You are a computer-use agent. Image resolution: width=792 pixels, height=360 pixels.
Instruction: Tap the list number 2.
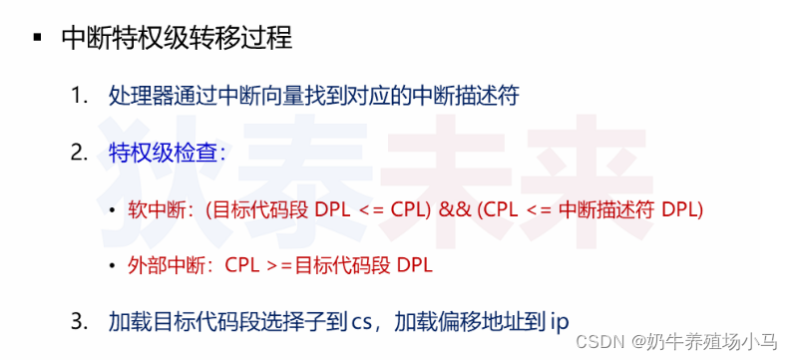pos(79,154)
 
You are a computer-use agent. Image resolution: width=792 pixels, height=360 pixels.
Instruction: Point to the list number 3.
pos(79,321)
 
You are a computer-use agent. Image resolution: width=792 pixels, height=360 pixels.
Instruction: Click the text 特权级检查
pos(164,154)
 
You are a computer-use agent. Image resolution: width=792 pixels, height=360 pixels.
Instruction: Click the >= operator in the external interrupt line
pos(284,266)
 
